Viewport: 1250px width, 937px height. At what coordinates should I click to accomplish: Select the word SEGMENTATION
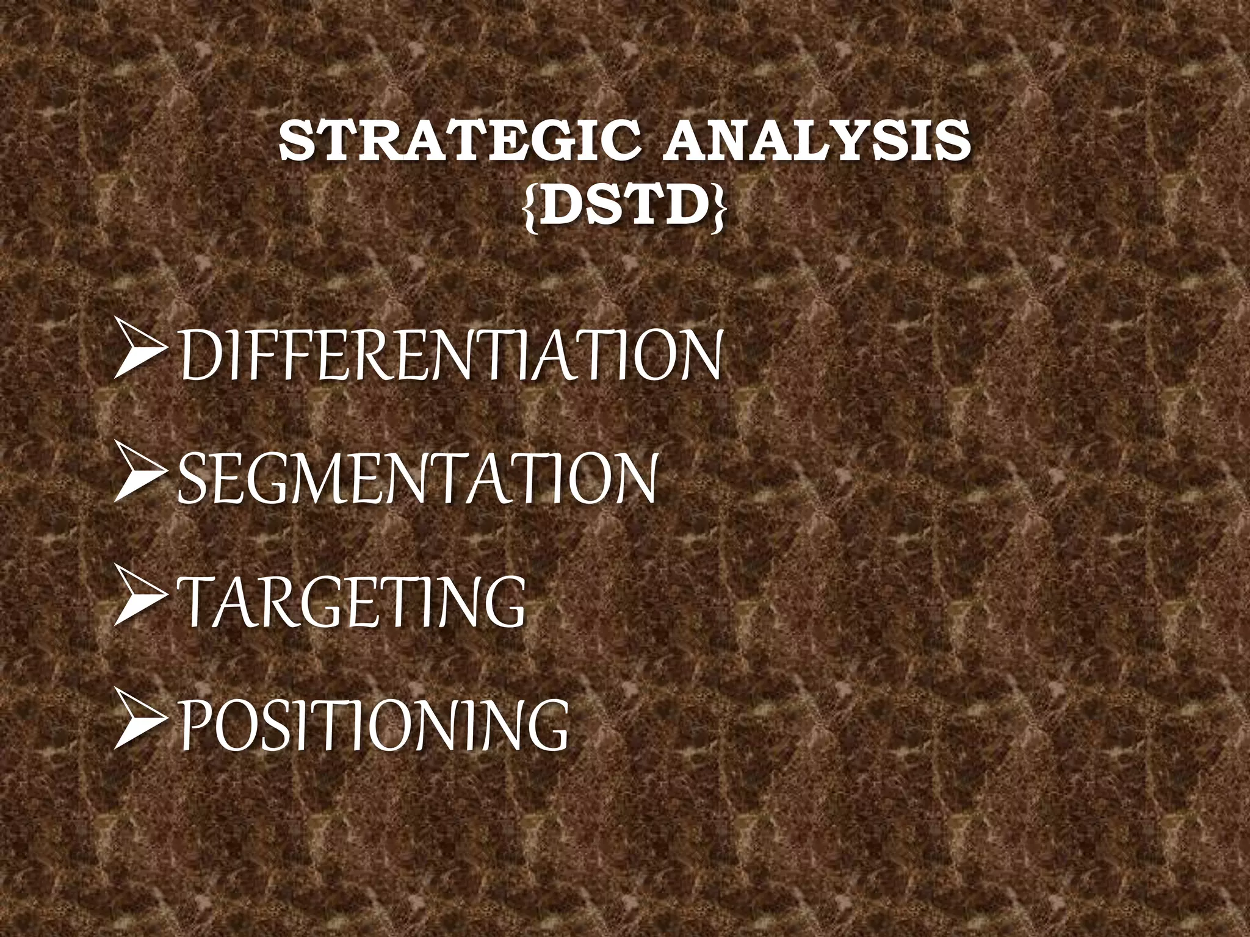pyautogui.click(x=419, y=478)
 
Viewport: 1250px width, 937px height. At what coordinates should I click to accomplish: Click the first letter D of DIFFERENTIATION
pyautogui.click(x=199, y=357)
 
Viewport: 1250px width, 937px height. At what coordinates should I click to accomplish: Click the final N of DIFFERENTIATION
pyautogui.click(x=698, y=357)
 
